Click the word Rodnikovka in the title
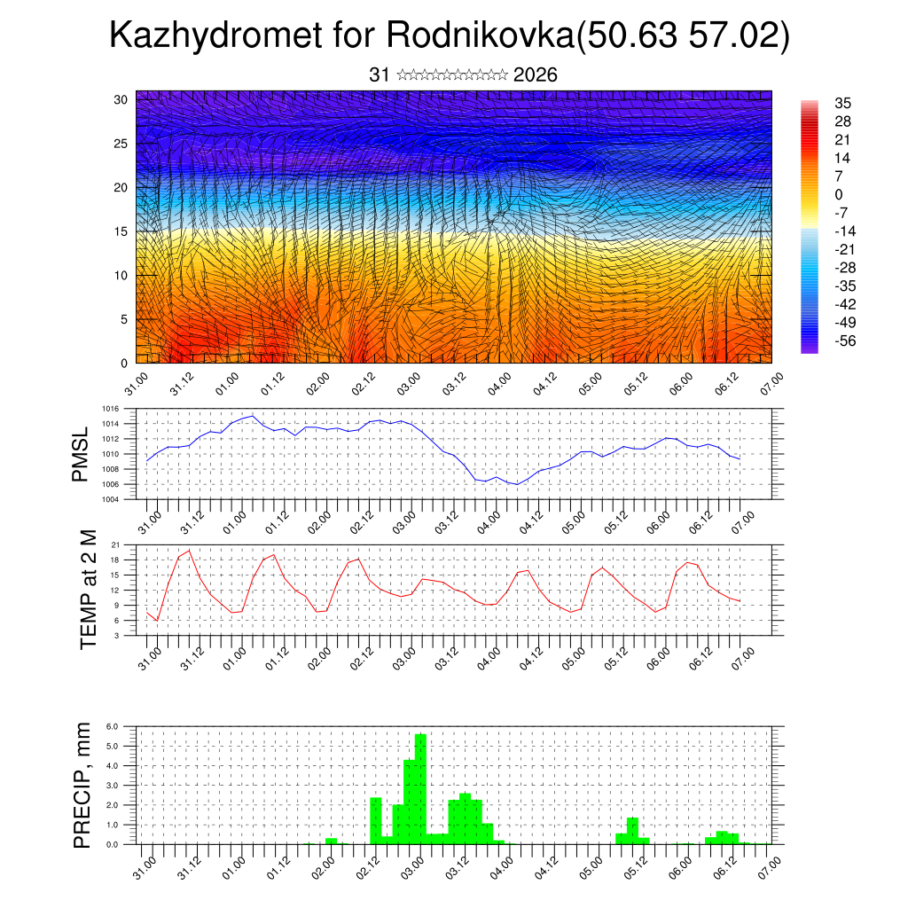pyautogui.click(x=480, y=36)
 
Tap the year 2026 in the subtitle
pyautogui.click(x=536, y=75)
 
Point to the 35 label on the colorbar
pyautogui.click(x=842, y=103)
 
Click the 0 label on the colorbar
pyautogui.click(x=838, y=194)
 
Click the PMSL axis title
pyautogui.click(x=81, y=455)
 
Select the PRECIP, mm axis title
pyautogui.click(x=82, y=785)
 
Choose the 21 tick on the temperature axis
pyautogui.click(x=115, y=544)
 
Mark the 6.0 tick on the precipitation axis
pyautogui.click(x=113, y=726)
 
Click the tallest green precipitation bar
pyautogui.click(x=420, y=789)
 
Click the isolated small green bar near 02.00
pyautogui.click(x=331, y=841)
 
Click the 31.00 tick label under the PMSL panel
pyautogui.click(x=148, y=519)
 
